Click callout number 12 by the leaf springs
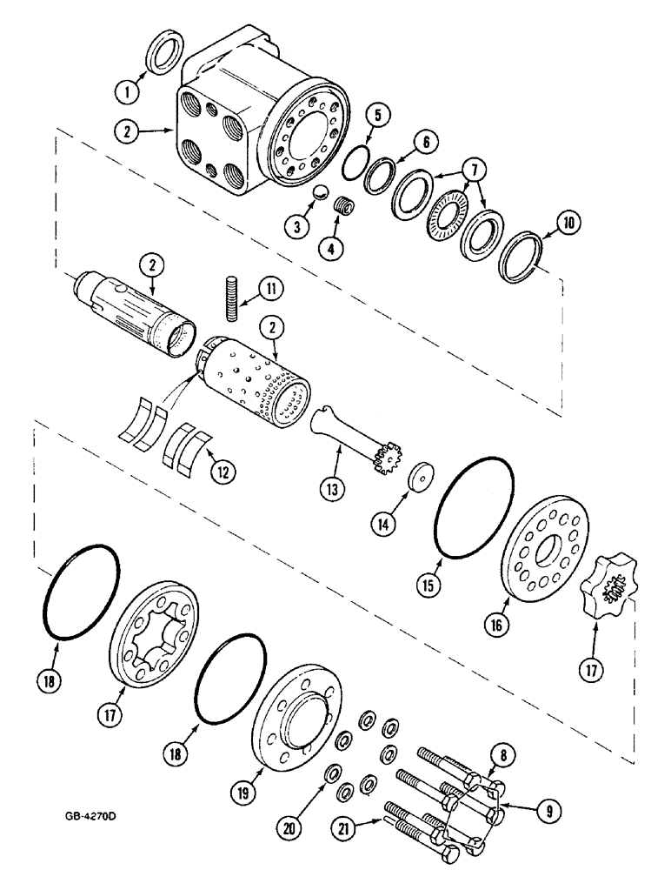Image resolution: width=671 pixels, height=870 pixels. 224,472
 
